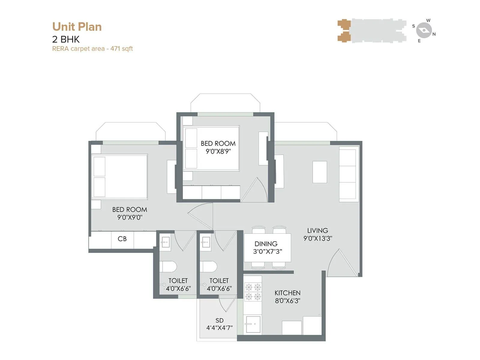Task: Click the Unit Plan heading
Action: [77, 27]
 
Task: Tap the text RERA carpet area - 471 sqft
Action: [92, 49]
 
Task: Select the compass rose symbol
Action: [424, 30]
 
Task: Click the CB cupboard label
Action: [122, 239]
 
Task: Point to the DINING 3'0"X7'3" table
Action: [267, 247]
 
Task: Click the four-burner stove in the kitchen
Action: [253, 292]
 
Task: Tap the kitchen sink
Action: [253, 324]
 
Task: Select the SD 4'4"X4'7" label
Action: [219, 324]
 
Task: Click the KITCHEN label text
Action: [287, 293]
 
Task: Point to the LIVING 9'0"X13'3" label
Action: [318, 234]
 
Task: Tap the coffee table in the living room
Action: [320, 172]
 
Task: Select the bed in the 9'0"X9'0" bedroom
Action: [120, 177]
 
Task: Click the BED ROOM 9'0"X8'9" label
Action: [218, 147]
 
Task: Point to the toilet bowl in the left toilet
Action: [168, 266]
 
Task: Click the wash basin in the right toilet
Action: [206, 242]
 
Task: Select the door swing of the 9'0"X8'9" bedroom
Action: [254, 190]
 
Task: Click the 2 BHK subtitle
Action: [66, 39]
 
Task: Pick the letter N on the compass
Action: [434, 34]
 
